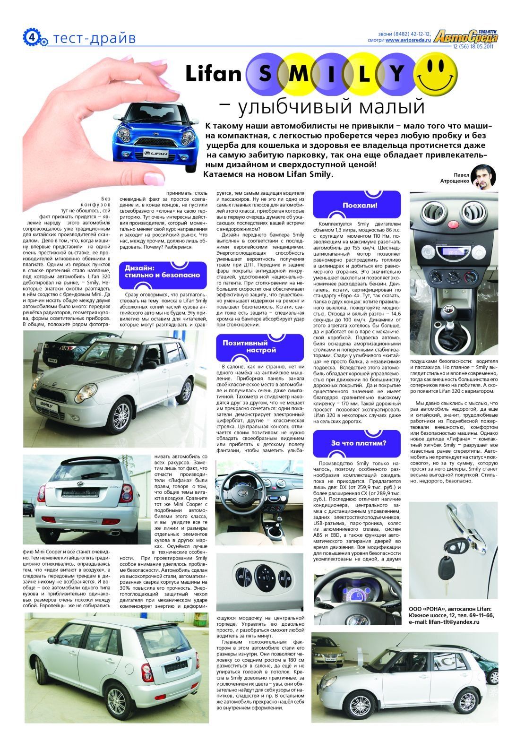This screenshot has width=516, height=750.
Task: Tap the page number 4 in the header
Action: [x=31, y=37]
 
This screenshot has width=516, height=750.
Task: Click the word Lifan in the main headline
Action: [x=213, y=73]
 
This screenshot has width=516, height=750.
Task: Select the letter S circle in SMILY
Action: [x=266, y=73]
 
